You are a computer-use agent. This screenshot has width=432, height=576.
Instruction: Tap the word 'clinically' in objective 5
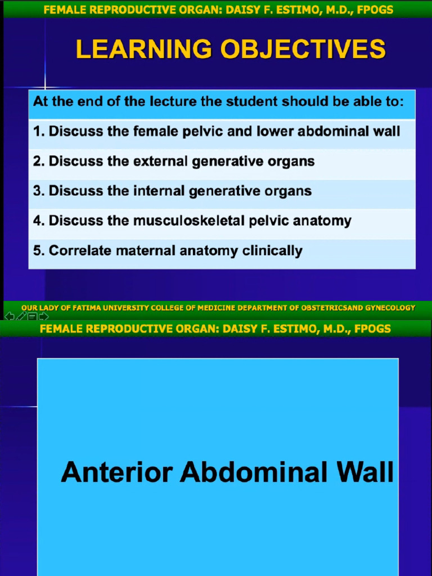click(272, 251)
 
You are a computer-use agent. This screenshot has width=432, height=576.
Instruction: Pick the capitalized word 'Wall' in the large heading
click(363, 471)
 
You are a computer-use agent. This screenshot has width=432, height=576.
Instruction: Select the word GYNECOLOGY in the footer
click(390, 308)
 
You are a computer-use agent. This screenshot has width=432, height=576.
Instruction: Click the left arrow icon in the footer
click(9, 317)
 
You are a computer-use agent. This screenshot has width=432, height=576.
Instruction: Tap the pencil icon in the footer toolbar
click(21, 317)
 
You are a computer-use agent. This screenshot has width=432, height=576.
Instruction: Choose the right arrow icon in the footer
click(43, 317)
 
